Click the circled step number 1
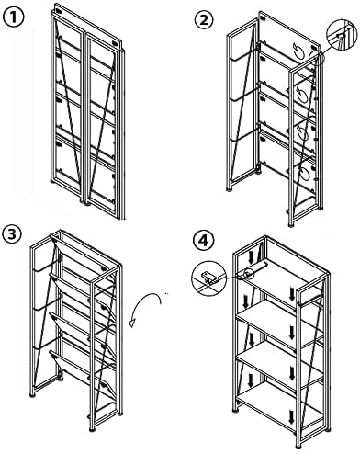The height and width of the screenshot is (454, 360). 13,17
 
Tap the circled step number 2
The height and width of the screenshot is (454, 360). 205,20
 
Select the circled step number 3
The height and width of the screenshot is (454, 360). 12,235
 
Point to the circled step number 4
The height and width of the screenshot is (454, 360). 203,241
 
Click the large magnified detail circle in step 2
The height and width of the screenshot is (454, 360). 343,34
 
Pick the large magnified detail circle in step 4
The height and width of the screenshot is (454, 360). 208,278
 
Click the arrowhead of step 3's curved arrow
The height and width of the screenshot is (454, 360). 132,323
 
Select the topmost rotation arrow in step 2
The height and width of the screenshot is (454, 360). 299,52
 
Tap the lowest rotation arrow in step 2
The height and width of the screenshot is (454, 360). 304,174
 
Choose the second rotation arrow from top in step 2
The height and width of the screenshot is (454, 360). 302,93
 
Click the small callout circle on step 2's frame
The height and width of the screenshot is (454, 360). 317,58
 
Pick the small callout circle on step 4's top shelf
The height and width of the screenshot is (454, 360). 250,273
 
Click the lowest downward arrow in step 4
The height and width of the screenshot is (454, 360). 292,416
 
